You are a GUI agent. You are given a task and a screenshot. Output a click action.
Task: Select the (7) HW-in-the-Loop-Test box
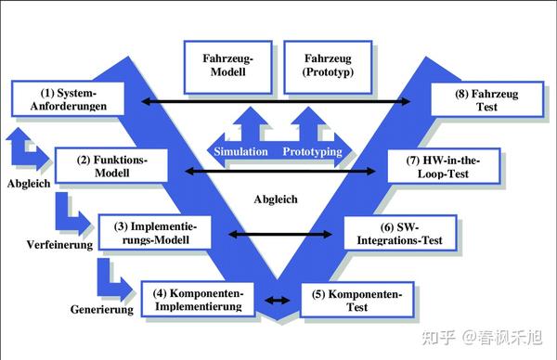[x=444, y=165]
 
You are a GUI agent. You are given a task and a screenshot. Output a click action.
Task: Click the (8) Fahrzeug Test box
[x=486, y=99]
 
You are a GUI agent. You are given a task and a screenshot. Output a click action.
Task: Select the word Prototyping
[x=312, y=151]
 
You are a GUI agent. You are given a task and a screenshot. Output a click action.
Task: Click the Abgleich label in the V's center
[x=276, y=199]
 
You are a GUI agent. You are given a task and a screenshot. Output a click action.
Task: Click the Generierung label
[x=102, y=310]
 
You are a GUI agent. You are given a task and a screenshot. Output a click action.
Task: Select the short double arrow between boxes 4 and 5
[x=277, y=300]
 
